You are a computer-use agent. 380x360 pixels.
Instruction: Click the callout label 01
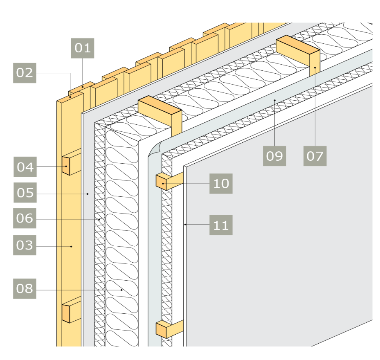click(x=83, y=48)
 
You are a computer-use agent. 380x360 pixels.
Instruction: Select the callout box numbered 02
click(x=25, y=73)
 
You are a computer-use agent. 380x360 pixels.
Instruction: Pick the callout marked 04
click(x=25, y=167)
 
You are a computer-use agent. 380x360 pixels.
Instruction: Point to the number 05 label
click(x=25, y=192)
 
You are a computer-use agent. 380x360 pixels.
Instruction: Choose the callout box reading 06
click(x=25, y=218)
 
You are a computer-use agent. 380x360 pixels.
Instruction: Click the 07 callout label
click(x=315, y=155)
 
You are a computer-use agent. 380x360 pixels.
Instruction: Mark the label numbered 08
click(x=25, y=288)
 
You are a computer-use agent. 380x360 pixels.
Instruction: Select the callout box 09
click(x=274, y=155)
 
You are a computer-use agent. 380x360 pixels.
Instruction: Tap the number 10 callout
click(x=221, y=183)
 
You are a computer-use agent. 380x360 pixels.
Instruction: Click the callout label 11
click(x=221, y=225)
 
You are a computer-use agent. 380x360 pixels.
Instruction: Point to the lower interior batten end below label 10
click(x=161, y=330)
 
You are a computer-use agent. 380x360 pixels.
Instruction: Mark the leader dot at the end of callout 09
click(x=274, y=99)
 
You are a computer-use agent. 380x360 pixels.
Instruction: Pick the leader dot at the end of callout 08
click(x=122, y=290)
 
